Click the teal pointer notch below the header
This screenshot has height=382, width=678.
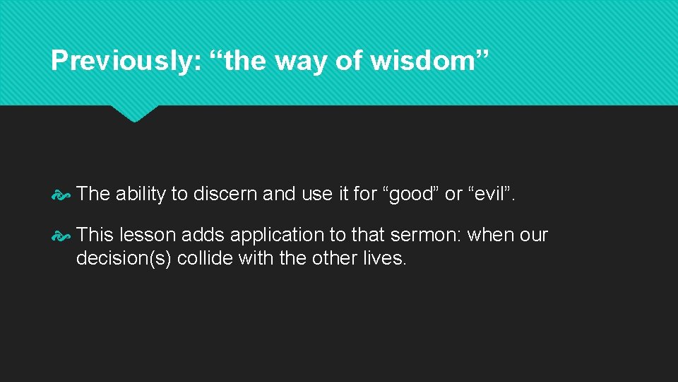pyautogui.click(x=134, y=113)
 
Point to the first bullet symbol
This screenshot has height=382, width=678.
pyautogui.click(x=61, y=194)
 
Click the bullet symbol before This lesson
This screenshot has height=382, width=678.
pyautogui.click(x=61, y=236)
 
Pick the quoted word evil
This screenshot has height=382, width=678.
pyautogui.click(x=490, y=194)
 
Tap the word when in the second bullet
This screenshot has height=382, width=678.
pyautogui.click(x=490, y=235)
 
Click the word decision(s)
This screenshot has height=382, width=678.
pyautogui.click(x=124, y=258)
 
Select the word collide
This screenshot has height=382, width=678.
pyautogui.click(x=206, y=258)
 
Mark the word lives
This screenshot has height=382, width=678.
pyautogui.click(x=388, y=258)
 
